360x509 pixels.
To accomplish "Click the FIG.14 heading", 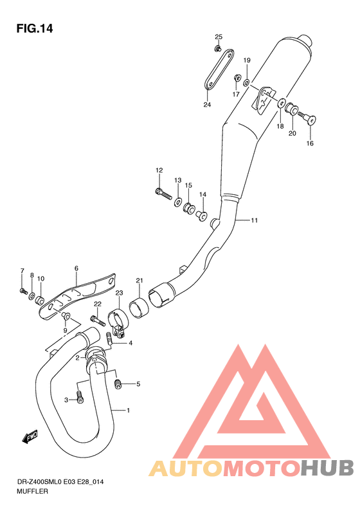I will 35,28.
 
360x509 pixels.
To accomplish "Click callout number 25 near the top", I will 218,36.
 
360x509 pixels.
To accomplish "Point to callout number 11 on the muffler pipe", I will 254,221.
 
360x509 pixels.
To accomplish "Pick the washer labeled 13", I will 177,202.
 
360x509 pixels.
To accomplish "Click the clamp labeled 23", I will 118,319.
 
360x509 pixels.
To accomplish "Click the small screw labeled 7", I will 23,292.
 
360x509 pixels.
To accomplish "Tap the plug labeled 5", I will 118,384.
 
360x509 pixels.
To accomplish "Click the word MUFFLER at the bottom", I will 32,490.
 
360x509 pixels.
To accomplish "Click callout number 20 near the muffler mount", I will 291,134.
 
